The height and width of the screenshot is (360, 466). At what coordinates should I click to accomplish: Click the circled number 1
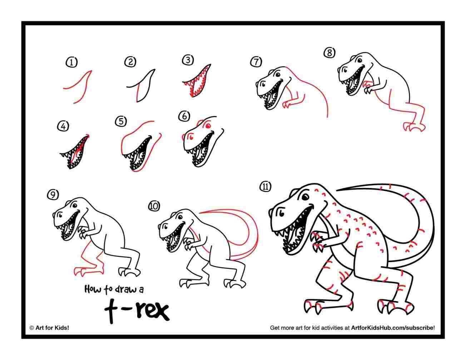tap(72, 63)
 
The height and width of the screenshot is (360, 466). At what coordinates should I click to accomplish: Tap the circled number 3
tap(188, 60)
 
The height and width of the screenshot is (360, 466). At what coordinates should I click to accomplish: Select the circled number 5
tap(121, 122)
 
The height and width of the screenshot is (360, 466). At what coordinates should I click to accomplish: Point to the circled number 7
tap(256, 62)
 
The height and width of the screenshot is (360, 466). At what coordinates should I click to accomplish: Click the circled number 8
tap(329, 53)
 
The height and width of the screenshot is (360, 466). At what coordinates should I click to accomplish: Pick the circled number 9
tap(53, 194)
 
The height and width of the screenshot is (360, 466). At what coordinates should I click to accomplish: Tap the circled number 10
tap(154, 206)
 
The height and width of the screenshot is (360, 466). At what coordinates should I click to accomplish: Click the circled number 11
tap(266, 187)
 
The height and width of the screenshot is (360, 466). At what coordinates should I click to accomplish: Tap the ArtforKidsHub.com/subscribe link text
tap(393, 327)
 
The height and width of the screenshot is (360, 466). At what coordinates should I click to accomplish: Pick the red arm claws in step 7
tap(286, 105)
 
